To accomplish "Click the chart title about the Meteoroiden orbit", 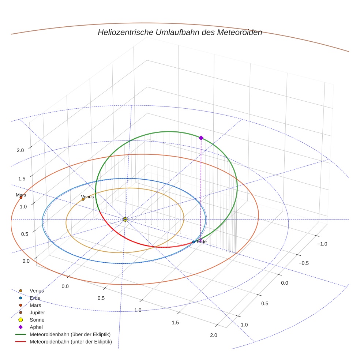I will (180, 32).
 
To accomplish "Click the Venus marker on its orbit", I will (83, 199).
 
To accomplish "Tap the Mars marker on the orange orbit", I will (21, 198).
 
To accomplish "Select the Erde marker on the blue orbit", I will (194, 242).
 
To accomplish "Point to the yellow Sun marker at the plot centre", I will (125, 219).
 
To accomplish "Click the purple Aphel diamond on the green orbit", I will (201, 138).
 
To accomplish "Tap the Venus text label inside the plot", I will (87, 196).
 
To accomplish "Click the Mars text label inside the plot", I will (21, 195).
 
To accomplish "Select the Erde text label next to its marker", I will (202, 242).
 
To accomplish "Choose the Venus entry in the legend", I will (37, 291).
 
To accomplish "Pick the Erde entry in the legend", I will (35, 298).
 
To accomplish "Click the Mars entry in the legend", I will (35, 305).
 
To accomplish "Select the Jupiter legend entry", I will (37, 312).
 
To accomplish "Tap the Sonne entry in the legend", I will (37, 320).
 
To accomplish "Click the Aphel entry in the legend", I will (36, 327).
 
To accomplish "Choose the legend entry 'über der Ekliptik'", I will (70, 334).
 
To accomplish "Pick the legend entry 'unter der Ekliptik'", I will (71, 342).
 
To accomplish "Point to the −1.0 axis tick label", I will (322, 244).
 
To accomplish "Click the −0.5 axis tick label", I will (303, 263).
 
